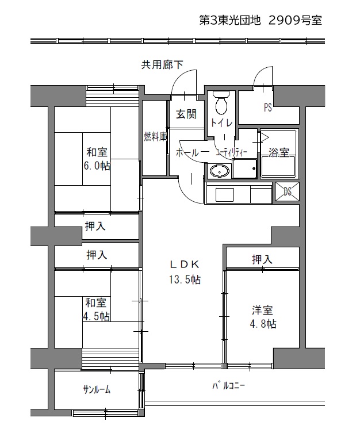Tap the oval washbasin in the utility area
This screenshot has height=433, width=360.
tap(220, 172)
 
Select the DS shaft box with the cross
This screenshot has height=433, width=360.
tap(288, 191)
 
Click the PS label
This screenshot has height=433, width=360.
tap(268, 107)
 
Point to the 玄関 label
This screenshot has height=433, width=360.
tap(187, 114)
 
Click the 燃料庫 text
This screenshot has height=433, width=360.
tap(155, 136)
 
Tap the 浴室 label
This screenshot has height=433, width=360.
tap(279, 153)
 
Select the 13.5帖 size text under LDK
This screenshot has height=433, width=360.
tap(185, 279)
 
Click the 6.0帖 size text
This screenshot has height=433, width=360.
tap(97, 166)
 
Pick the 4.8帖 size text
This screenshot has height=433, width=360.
tap(263, 323)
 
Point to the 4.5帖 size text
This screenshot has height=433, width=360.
tap(97, 316)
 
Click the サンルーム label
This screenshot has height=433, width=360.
tap(97, 390)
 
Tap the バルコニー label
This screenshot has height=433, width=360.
tap(228, 385)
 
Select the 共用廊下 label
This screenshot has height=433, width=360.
tap(162, 64)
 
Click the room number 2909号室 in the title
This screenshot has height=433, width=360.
tap(295, 21)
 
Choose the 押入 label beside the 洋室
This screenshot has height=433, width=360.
tap(262, 259)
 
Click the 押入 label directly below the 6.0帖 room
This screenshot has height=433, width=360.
tap(95, 226)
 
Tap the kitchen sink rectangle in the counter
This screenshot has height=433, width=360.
tap(224, 195)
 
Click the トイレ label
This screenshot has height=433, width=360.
tap(221, 123)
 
